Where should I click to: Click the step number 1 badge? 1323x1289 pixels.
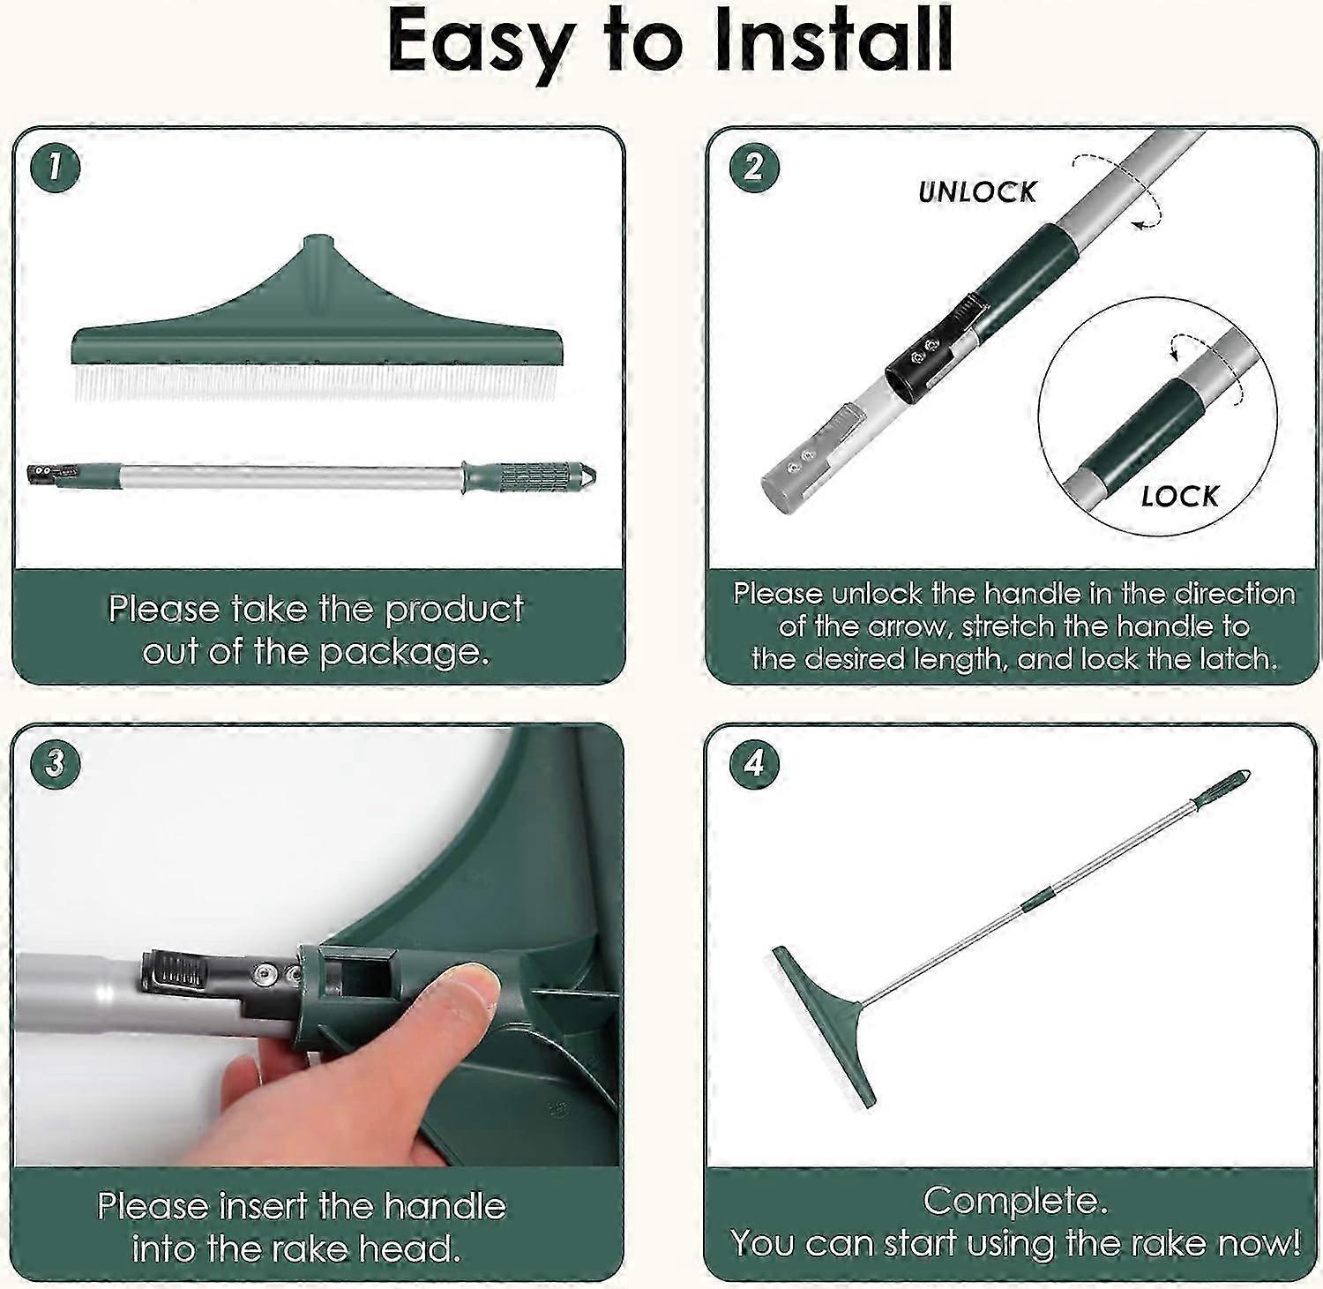tap(55, 168)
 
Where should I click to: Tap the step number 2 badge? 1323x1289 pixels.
tap(754, 166)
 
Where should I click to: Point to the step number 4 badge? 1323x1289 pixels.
tap(754, 761)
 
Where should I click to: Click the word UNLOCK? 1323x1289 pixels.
tap(977, 191)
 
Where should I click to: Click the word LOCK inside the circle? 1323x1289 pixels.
tap(1180, 496)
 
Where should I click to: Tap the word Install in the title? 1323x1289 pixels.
tap(833, 41)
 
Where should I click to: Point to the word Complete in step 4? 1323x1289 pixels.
tap(1011, 1201)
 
